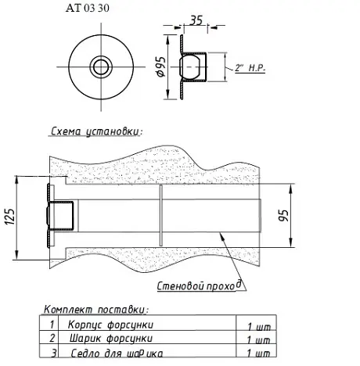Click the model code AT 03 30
pyautogui.click(x=88, y=8)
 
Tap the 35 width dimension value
pyautogui.click(x=196, y=20)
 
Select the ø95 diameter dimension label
pyautogui.click(x=161, y=66)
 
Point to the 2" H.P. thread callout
pyautogui.click(x=250, y=68)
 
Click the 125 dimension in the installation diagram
pyautogui.click(x=10, y=217)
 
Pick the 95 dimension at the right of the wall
pyautogui.click(x=284, y=216)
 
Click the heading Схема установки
pyautogui.click(x=96, y=131)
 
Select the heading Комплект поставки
pyautogui.click(x=96, y=310)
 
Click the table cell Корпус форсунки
pyautogui.click(x=110, y=325)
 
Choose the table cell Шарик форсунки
pyautogui.click(x=111, y=339)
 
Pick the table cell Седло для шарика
pyautogui.click(x=117, y=353)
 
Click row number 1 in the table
pyautogui.click(x=52, y=325)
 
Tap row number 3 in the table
pyautogui.click(x=54, y=353)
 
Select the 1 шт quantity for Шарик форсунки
pyautogui.click(x=258, y=339)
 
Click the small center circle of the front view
pyautogui.click(x=101, y=66)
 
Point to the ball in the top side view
pyautogui.click(x=190, y=66)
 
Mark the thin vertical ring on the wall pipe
pyautogui.click(x=161, y=215)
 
